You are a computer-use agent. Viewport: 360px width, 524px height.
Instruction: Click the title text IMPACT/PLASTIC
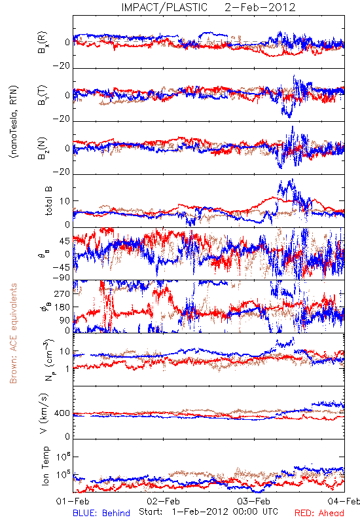pos(164,7)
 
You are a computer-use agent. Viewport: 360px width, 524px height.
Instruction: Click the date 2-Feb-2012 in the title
pos(260,7)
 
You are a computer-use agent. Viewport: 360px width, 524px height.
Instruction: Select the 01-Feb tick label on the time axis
pos(73,501)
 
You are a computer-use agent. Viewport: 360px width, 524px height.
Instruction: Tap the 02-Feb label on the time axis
pos(163,501)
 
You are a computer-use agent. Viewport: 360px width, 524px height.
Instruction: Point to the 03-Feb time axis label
pos(254,501)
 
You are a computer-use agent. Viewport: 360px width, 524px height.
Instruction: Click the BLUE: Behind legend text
pos(101,513)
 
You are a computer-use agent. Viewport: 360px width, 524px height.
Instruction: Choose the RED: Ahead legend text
pos(319,513)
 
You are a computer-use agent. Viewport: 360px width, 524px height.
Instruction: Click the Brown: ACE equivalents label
pos(13,333)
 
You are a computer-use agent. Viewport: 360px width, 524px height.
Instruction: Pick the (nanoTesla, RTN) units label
pos(14,122)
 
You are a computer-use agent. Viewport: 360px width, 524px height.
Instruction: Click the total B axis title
pos(48,201)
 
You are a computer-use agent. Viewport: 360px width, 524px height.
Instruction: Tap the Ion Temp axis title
pos(45,466)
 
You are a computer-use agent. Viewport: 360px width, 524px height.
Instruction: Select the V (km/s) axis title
pos(44,413)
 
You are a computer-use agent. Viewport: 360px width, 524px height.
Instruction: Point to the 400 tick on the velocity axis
pos(62,413)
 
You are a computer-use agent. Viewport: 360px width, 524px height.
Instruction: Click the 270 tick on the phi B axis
pos(62,293)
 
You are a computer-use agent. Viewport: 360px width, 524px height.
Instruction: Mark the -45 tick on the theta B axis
pos(61,267)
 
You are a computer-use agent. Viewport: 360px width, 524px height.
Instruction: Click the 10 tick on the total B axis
pos(65,201)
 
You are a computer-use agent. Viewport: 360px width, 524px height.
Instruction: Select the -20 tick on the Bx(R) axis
pos(61,66)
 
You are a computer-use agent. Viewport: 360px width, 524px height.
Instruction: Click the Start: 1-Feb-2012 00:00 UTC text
pos(208,512)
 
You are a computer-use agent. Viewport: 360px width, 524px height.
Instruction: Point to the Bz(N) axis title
pos(43,148)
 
